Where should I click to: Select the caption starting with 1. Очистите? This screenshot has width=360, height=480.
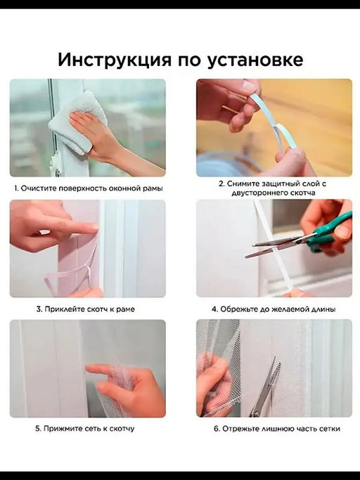88,188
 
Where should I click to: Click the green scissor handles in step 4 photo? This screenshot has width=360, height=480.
330,231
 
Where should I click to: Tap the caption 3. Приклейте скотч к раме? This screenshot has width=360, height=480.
85,309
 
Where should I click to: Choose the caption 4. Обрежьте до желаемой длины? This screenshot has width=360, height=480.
274,309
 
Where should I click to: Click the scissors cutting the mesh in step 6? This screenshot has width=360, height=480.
264,390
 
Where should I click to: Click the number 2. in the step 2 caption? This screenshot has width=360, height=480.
221,183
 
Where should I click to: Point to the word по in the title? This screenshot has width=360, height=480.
184,60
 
